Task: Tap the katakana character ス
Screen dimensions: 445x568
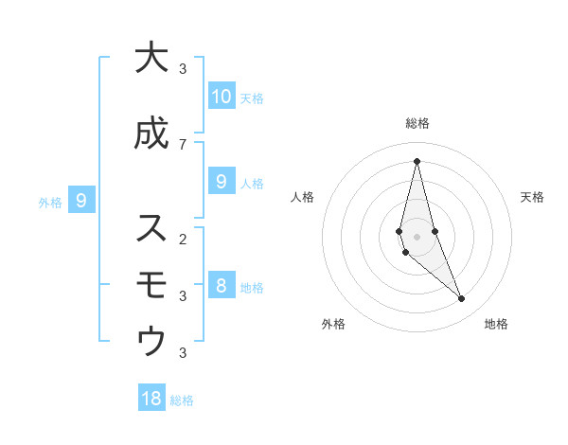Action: tap(151, 228)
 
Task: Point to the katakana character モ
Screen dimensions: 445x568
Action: tap(151, 284)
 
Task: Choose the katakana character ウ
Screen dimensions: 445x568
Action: tap(151, 341)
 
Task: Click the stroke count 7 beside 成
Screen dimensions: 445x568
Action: tap(183, 144)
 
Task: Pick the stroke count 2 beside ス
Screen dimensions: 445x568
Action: tap(183, 238)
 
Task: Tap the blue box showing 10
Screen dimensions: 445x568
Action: tap(221, 96)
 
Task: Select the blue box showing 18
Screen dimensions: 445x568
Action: tap(151, 399)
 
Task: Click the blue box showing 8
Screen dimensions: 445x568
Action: tap(221, 285)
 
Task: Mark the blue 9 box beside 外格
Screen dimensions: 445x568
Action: tap(81, 200)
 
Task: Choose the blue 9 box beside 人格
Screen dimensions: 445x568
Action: tap(221, 182)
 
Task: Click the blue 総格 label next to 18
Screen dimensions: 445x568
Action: tap(182, 400)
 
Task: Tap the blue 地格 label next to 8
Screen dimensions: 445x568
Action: tap(252, 288)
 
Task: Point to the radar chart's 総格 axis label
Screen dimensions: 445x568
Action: tap(417, 123)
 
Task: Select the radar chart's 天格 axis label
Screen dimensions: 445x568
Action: tap(532, 197)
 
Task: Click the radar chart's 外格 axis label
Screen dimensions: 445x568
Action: tap(333, 325)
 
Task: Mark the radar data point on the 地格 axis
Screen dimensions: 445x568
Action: tap(462, 299)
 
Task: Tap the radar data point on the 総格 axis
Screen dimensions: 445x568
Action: tap(417, 161)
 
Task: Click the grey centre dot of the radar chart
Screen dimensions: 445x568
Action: tap(417, 236)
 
